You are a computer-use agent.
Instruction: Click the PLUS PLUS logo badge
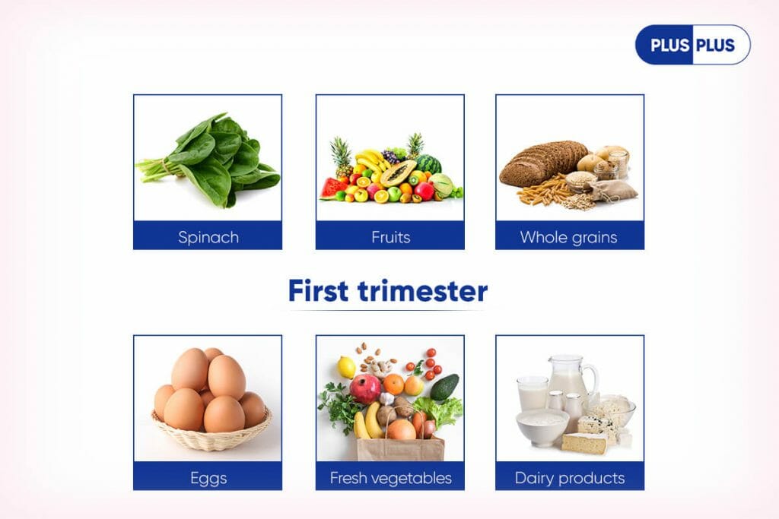(x=692, y=45)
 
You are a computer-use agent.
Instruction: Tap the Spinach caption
(x=208, y=237)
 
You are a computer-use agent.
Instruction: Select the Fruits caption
(x=390, y=237)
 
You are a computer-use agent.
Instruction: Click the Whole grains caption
(x=569, y=237)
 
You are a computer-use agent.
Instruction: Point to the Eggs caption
(x=208, y=478)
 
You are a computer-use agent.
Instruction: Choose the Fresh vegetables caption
(x=390, y=478)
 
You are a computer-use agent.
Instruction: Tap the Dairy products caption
(x=570, y=478)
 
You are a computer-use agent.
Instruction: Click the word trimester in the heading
(x=423, y=291)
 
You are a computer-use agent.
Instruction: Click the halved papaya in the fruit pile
(x=397, y=172)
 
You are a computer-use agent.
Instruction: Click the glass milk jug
(x=571, y=378)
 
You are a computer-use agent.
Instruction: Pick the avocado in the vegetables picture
(x=444, y=387)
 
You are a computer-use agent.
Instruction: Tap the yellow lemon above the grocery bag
(x=346, y=368)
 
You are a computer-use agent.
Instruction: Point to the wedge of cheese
(x=585, y=443)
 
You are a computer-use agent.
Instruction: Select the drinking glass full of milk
(x=533, y=394)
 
